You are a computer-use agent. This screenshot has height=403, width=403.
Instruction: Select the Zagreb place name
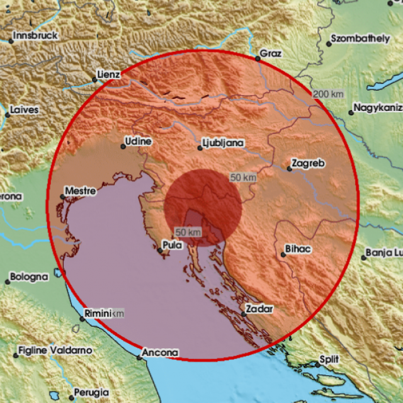tap(309, 164)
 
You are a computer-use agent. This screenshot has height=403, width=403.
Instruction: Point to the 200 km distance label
tap(329, 94)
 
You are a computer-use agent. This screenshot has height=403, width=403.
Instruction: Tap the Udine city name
tap(138, 142)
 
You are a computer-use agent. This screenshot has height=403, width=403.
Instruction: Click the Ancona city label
tap(161, 353)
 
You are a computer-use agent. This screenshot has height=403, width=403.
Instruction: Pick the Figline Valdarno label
tap(55, 349)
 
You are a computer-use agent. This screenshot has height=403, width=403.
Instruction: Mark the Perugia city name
tap(91, 392)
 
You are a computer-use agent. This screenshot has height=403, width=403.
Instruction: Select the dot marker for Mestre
tap(62, 196)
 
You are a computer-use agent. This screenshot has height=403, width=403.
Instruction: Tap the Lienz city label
tap(110, 74)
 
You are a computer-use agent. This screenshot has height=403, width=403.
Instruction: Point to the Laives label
tap(25, 110)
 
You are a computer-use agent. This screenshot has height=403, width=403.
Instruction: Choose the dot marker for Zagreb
tap(288, 168)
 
